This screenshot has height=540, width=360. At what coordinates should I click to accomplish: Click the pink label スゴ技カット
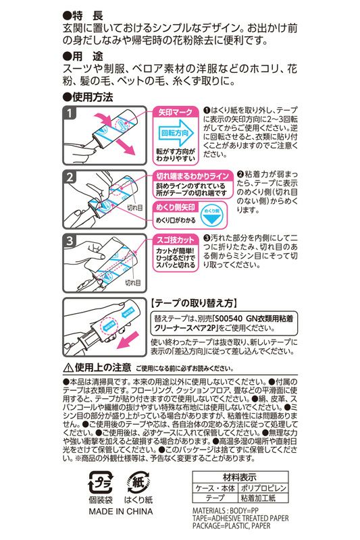[178, 240]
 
